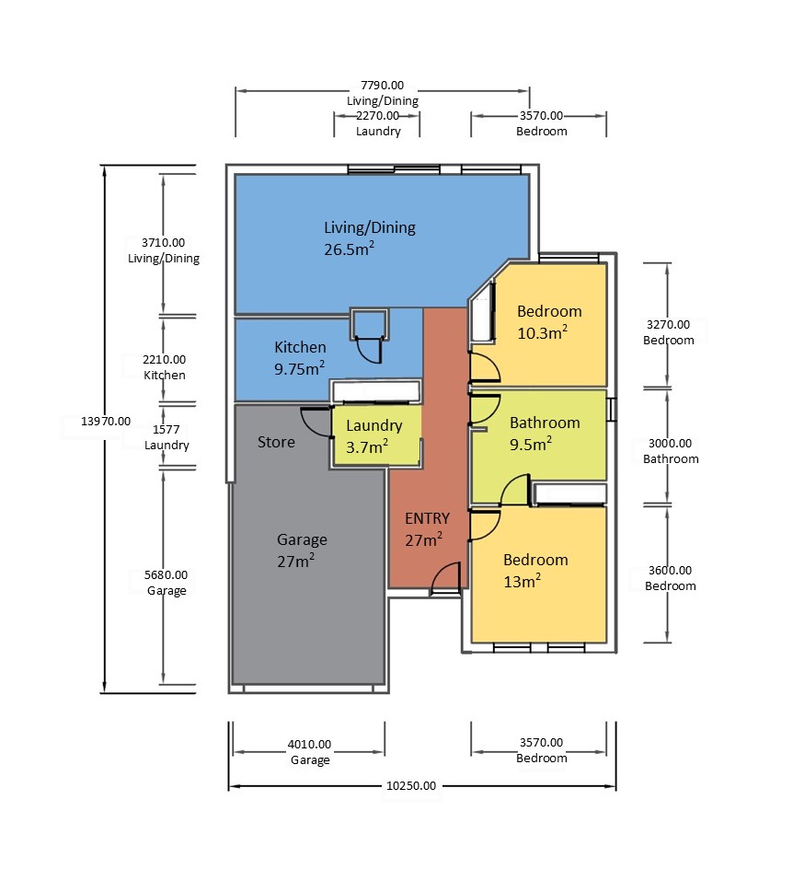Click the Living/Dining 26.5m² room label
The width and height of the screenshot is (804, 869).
click(x=369, y=238)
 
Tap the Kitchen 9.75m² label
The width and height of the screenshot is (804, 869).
click(x=300, y=358)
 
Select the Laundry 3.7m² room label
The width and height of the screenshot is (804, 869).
click(x=373, y=436)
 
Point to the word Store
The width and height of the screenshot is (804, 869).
click(x=276, y=442)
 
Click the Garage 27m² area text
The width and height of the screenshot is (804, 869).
click(x=302, y=550)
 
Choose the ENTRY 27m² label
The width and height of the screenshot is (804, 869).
click(x=427, y=529)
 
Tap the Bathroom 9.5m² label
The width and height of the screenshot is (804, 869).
click(x=545, y=434)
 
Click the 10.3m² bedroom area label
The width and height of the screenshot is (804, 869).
click(x=542, y=332)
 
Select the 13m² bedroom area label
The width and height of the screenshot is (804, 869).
click(x=522, y=582)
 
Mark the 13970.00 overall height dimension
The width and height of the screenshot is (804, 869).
click(x=106, y=422)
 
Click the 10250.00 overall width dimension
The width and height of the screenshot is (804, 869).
click(x=411, y=786)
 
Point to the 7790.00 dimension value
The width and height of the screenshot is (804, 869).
click(x=382, y=86)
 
